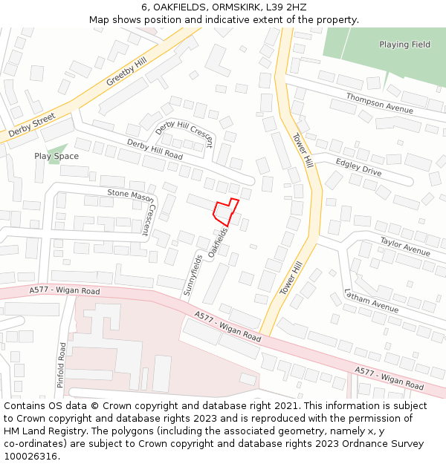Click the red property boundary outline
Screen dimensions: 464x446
(226, 212)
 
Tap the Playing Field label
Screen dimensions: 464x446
(404, 45)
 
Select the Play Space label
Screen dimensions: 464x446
(56, 157)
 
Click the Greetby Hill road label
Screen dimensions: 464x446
(126, 68)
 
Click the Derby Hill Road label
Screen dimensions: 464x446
(155, 149)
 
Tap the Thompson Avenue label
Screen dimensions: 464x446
(379, 104)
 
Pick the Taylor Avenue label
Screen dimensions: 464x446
(405, 246)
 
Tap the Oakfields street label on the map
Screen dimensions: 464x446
(218, 244)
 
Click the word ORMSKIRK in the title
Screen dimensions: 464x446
(233, 7)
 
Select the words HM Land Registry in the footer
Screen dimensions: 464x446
(42, 431)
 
